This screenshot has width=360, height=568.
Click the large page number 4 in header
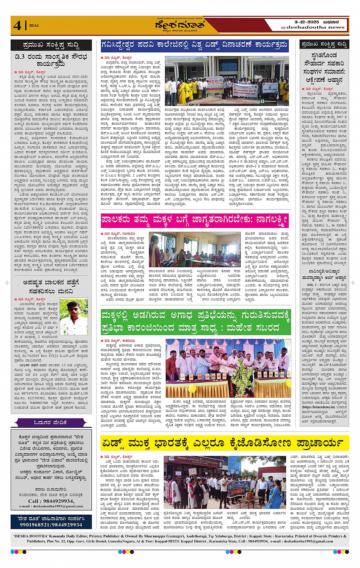click(x=17, y=26)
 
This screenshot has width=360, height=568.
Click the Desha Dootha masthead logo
click(x=179, y=26)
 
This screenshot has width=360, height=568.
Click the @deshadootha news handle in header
click(x=312, y=27)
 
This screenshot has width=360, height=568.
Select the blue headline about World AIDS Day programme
click(x=194, y=46)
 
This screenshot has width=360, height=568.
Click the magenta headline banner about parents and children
click(x=194, y=220)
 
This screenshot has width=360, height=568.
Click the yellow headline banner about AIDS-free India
click(x=225, y=443)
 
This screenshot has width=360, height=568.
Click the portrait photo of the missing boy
click(x=74, y=316)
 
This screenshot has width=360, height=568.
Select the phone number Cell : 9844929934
click(x=51, y=501)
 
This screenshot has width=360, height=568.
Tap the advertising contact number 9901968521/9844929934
click(x=51, y=525)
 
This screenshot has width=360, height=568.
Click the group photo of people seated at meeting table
click(x=194, y=249)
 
